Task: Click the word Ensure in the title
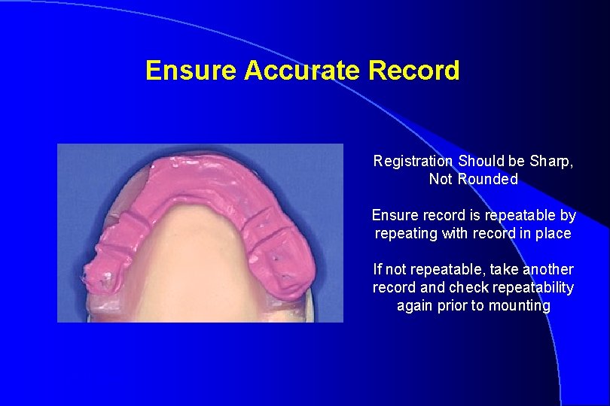click(x=191, y=71)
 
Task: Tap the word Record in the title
click(x=414, y=71)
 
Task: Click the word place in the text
click(x=554, y=233)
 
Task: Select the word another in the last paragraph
click(x=546, y=269)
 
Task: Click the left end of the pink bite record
click(x=96, y=274)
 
